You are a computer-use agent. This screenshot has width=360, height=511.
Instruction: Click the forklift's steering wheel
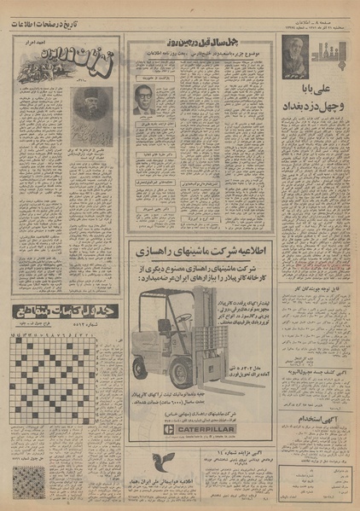coord(185,317)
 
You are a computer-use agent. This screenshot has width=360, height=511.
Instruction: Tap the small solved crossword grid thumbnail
coord(25,483)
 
